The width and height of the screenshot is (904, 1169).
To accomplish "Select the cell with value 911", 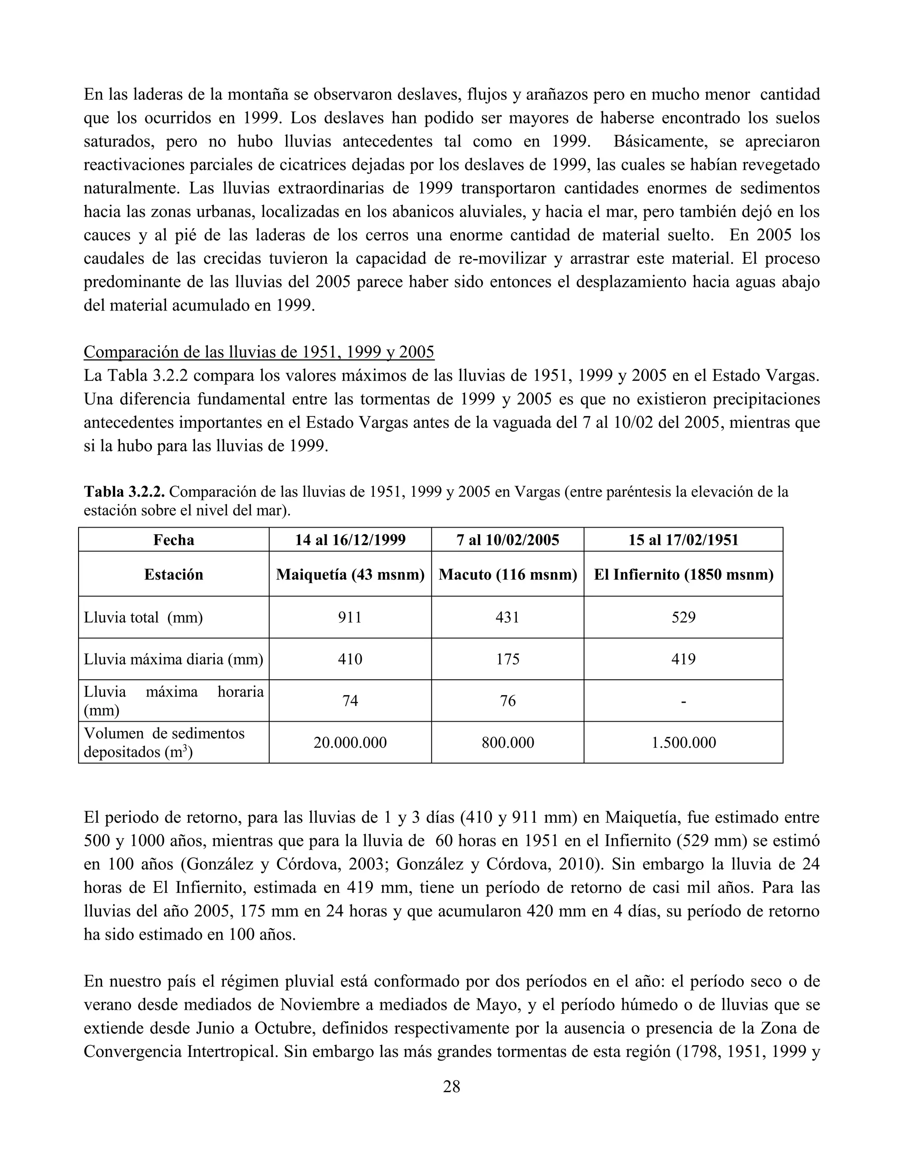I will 350,617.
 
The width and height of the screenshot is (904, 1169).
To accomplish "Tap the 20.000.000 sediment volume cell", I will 350,742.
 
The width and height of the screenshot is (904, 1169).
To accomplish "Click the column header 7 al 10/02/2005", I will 507,540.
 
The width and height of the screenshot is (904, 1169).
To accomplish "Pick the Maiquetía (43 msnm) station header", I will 350,574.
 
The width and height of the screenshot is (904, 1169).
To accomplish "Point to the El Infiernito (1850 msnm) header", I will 683,574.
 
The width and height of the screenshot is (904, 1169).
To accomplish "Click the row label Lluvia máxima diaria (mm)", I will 173,659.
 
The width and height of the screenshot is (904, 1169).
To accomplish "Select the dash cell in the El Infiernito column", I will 683,701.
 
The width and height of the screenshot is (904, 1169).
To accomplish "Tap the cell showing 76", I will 507,701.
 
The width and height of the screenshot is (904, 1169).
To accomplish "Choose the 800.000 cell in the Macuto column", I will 507,742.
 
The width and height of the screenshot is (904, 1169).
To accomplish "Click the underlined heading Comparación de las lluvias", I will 259,352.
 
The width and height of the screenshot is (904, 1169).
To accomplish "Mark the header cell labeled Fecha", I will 173,540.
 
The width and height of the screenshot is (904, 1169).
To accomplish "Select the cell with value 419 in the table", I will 683,659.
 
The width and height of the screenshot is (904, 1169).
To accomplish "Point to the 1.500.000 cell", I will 683,742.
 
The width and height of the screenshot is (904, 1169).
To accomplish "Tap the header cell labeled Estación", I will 173,574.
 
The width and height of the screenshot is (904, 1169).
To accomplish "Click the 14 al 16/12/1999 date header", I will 350,540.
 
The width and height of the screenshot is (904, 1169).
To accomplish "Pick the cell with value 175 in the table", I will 507,659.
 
